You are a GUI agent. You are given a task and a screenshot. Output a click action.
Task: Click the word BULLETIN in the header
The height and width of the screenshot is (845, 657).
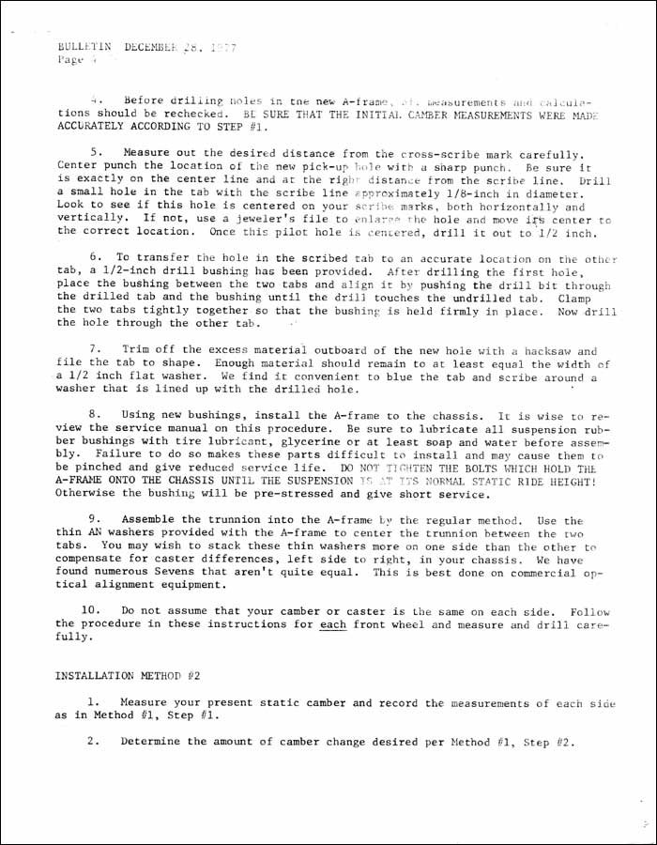tap(84, 45)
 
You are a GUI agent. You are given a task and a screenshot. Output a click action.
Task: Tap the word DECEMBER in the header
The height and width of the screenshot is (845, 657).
tap(153, 45)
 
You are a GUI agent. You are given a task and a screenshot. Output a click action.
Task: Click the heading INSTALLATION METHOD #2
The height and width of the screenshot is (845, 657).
tap(128, 675)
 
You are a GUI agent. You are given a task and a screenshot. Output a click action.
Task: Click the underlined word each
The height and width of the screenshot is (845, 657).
tap(333, 623)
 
